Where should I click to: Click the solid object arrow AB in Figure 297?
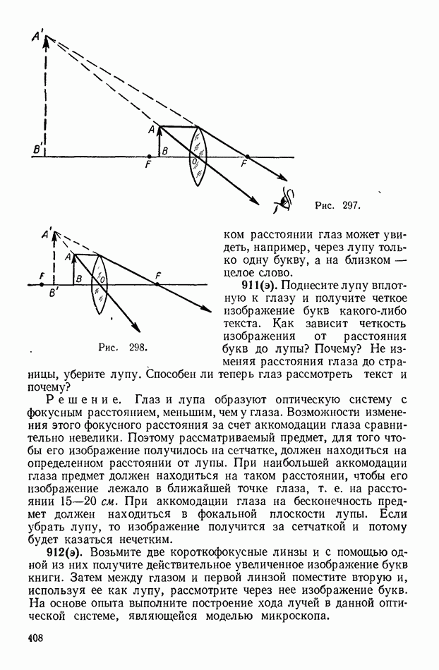point(159,141)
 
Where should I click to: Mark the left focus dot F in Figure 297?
point(149,157)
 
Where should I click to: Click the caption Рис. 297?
point(337,206)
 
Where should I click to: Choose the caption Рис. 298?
point(121,348)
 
